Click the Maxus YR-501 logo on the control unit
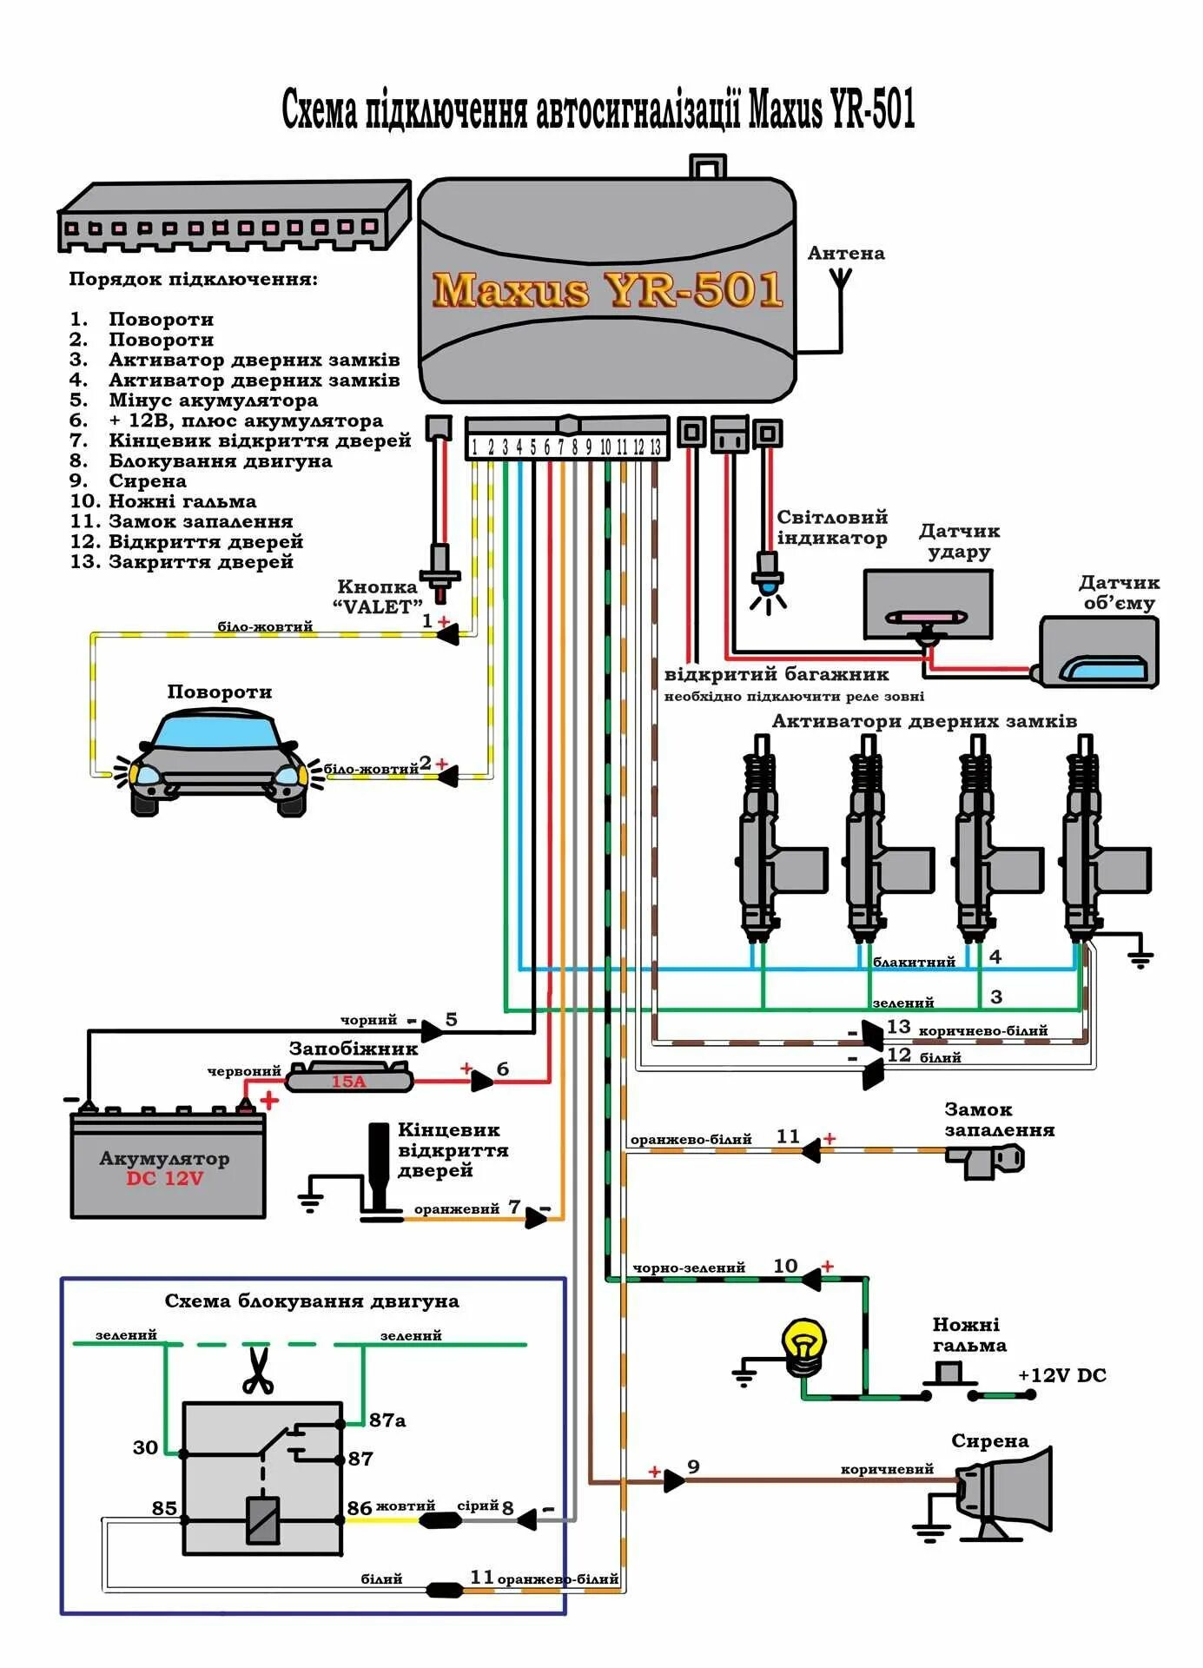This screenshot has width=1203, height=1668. pyautogui.click(x=607, y=290)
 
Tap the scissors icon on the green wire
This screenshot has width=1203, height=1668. pyautogui.click(x=257, y=1370)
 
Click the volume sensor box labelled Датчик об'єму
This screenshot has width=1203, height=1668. pyautogui.click(x=1099, y=652)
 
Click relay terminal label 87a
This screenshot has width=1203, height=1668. pyautogui.click(x=387, y=1420)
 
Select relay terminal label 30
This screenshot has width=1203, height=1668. pyautogui.click(x=145, y=1447)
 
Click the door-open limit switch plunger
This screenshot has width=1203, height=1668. pyautogui.click(x=380, y=1167)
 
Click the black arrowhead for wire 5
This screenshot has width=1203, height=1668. pyautogui.click(x=432, y=1031)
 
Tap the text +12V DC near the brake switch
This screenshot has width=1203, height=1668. pyautogui.click(x=1061, y=1375)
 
